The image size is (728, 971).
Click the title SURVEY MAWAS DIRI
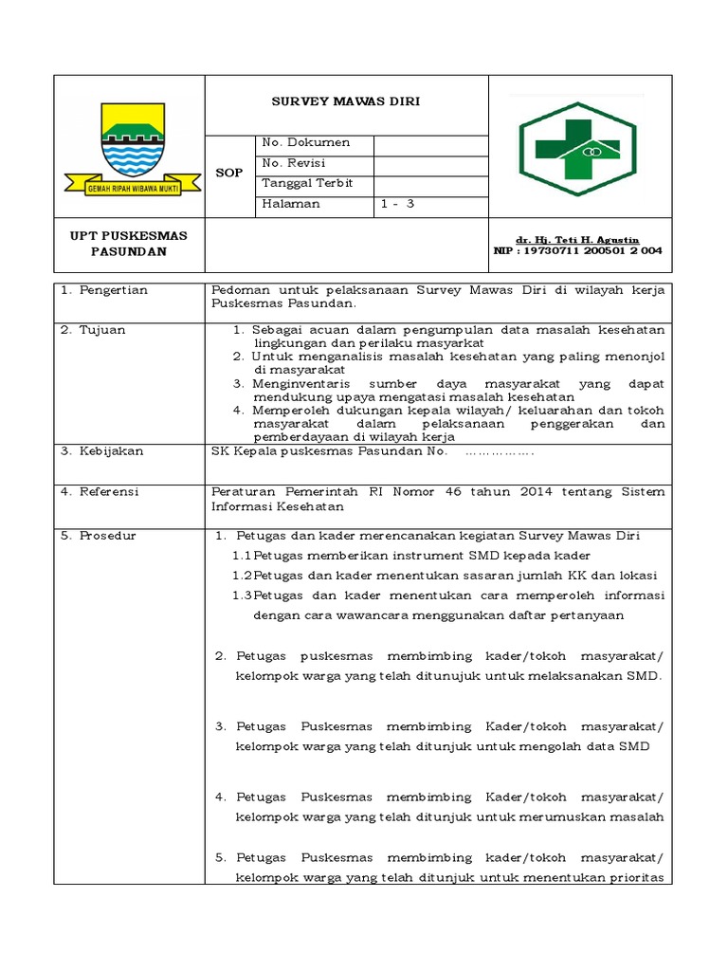click(346, 101)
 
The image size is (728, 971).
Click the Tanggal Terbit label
click(307, 183)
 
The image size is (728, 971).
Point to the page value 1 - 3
click(398, 203)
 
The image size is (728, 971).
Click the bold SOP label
click(230, 173)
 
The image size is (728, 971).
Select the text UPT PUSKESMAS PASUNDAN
click(129, 243)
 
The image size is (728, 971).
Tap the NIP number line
click(578, 251)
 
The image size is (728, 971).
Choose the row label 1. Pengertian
click(104, 290)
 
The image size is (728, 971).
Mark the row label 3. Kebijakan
click(102, 451)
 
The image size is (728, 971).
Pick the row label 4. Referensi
click(100, 492)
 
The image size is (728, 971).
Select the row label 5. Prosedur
click(99, 536)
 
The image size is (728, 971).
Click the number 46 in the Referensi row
click(450, 492)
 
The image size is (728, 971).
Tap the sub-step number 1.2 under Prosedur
click(243, 576)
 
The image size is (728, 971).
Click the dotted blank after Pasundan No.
click(500, 452)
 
